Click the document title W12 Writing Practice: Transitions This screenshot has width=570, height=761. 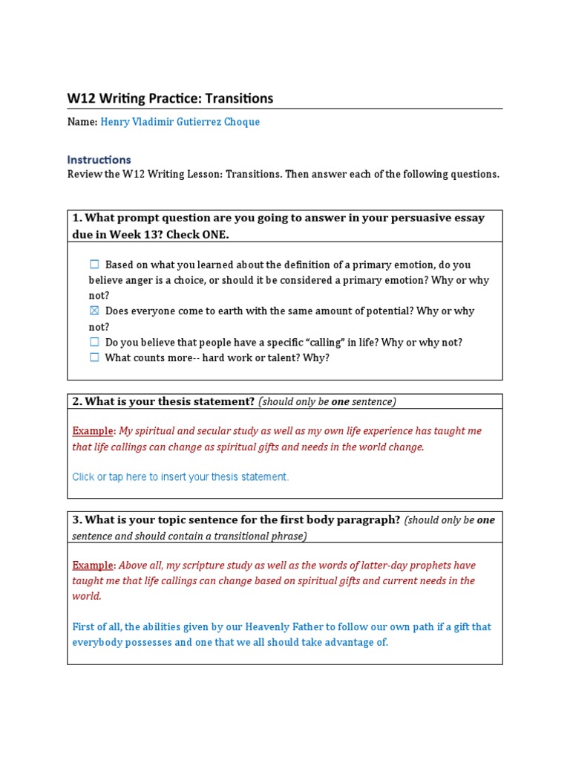coord(170,98)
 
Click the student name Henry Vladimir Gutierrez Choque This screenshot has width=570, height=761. coord(180,122)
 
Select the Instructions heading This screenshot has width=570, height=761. coord(99,159)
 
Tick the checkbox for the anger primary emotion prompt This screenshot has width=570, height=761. coord(94,265)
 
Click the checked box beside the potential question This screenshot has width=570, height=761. coord(94,311)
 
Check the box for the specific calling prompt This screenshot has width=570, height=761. coord(94,343)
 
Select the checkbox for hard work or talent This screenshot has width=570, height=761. coord(94,357)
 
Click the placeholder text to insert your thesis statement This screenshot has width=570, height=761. coord(180,477)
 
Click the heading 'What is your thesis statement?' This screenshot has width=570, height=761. coord(163,401)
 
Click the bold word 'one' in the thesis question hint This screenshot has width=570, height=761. coord(340,401)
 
